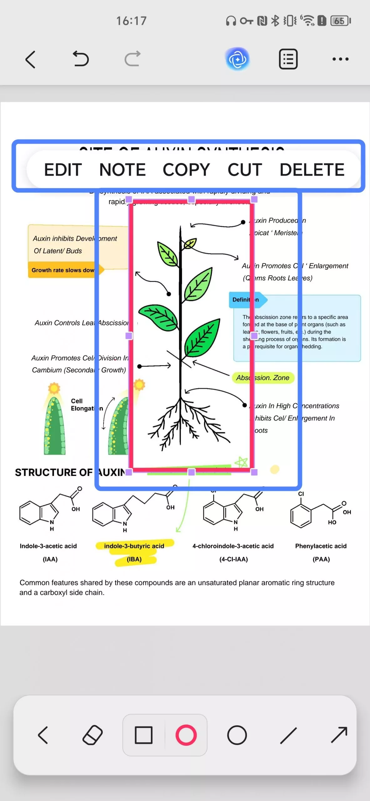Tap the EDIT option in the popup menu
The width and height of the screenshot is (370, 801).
[x=63, y=170]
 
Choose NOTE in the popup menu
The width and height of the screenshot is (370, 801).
[x=122, y=170]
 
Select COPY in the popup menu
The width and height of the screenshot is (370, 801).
[x=186, y=170]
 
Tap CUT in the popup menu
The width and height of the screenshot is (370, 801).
[x=244, y=170]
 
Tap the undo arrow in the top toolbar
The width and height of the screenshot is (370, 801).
[x=81, y=59]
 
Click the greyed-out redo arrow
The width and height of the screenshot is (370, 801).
[x=132, y=59]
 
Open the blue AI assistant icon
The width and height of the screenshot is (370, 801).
[x=237, y=59]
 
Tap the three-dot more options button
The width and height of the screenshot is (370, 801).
[x=340, y=59]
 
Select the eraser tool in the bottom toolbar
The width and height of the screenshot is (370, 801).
[x=93, y=735]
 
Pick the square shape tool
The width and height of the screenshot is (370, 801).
[x=144, y=735]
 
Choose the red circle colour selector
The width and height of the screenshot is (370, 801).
[x=186, y=735]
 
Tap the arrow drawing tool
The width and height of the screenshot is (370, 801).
[x=339, y=735]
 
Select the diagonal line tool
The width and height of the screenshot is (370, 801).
[x=288, y=735]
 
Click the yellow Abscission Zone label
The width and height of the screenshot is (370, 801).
[x=263, y=378]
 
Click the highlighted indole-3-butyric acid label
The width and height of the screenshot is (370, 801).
[x=134, y=546]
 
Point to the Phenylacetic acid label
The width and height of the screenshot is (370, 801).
[x=321, y=546]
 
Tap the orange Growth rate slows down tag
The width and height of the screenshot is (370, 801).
[x=63, y=270]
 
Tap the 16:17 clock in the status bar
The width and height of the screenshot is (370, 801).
[x=131, y=21]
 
